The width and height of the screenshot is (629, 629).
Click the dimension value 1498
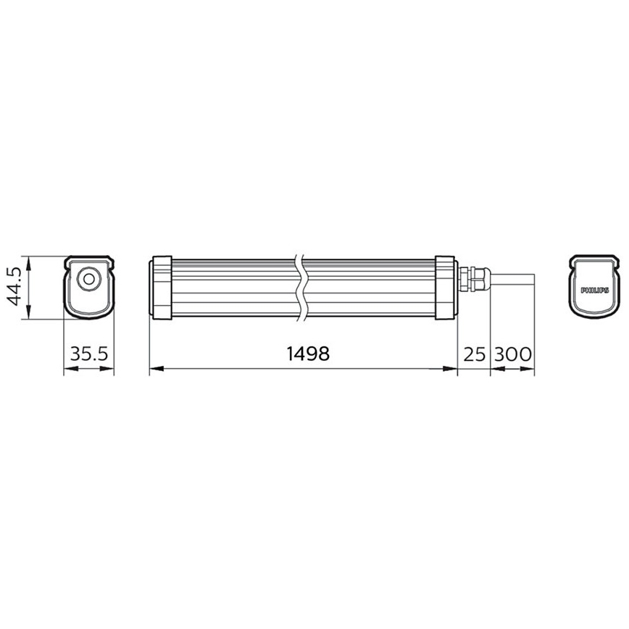[308, 354]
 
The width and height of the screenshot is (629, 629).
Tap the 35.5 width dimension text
[89, 354]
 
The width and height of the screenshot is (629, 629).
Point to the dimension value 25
[474, 354]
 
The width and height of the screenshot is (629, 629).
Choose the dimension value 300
[513, 354]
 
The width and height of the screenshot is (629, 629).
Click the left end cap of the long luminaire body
[160, 286]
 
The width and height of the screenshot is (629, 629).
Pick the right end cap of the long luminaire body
[445, 286]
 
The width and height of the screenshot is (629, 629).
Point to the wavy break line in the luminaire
[303, 286]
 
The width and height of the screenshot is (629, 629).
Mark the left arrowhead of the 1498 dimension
[154, 370]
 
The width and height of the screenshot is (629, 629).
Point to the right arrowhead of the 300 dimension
[530, 370]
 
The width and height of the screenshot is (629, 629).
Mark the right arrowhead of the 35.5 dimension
[109, 370]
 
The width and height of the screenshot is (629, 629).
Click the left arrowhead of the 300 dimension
[496, 370]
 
